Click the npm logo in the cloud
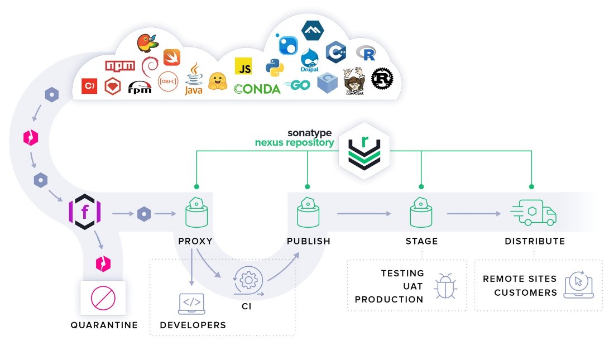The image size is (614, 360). pos(120,66)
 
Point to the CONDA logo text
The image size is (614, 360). pos(257,89)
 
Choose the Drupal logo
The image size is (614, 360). pos(309,60)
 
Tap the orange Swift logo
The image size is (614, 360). pos(171,57)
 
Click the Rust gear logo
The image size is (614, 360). pos(382,79)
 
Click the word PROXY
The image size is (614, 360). pos(195,242)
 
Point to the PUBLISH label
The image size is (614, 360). pos(309,242)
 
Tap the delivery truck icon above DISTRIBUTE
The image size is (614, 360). pos(534,213)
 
